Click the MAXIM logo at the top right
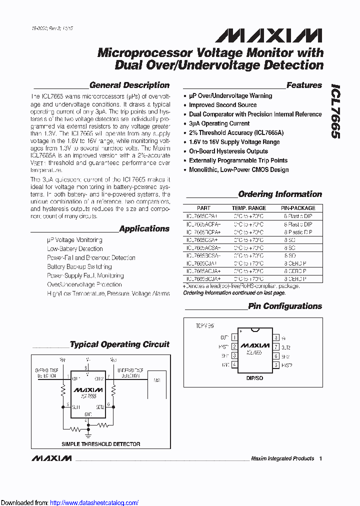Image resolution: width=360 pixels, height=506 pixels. [268, 35]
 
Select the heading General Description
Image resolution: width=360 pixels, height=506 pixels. [129, 85]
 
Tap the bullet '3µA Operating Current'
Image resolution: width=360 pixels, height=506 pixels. [219, 123]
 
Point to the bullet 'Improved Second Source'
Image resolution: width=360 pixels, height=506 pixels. [222, 105]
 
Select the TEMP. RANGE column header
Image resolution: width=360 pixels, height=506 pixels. [248, 208]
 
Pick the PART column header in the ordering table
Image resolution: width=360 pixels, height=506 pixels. [203, 208]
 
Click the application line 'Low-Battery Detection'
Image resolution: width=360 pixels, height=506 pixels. [75, 249]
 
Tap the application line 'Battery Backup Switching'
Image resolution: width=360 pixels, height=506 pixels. [79, 267]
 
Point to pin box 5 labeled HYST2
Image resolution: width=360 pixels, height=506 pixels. [275, 365]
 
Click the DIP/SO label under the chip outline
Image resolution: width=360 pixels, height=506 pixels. [255, 378]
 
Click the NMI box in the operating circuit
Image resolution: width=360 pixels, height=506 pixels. [157, 381]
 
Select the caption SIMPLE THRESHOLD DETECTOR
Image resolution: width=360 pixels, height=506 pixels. [100, 444]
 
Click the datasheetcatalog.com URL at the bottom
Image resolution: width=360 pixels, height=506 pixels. [94, 502]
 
